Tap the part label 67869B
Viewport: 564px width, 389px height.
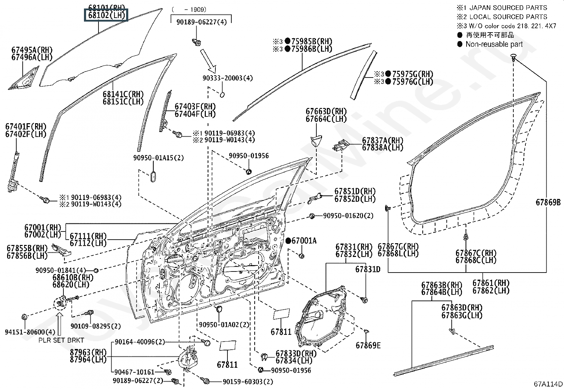pos(548,202)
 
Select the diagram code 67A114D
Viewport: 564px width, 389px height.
pos(548,384)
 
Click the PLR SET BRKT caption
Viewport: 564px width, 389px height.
pos(61,340)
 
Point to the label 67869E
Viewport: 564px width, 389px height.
pos(368,345)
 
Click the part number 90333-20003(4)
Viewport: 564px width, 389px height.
pos(227,78)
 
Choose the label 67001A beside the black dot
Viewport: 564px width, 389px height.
pos(304,241)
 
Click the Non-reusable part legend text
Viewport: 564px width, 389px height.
pos(494,44)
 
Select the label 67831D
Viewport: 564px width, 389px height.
pos(368,269)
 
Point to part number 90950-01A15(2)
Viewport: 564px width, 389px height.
pos(158,158)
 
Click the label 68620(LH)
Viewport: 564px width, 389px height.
pos(71,285)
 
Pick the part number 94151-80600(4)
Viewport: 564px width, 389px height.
pos(30,332)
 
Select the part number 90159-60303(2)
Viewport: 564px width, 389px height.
pos(248,382)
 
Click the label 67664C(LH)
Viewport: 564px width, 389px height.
pos(326,119)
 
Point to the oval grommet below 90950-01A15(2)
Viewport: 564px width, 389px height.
pos(153,176)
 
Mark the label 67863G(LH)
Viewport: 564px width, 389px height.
pos(462,315)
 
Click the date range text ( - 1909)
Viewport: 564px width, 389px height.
pos(189,10)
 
